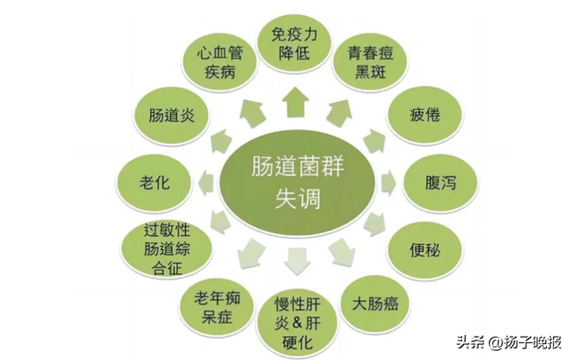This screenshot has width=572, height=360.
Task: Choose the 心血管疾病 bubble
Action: pyautogui.click(x=222, y=62)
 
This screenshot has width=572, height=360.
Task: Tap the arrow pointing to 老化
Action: pyautogui.click(x=204, y=181)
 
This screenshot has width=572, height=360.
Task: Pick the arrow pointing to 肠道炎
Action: pyautogui.click(x=219, y=139)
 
